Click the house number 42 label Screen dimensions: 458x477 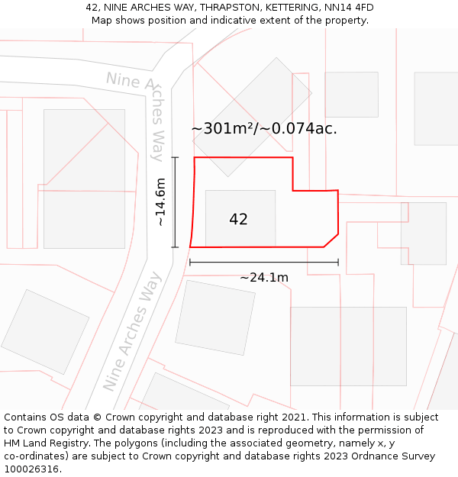[238, 219]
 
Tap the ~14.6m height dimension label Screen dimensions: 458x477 [160, 202]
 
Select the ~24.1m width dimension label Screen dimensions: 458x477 [264, 277]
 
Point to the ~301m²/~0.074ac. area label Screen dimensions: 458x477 [264, 129]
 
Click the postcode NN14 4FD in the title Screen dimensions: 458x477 [349, 8]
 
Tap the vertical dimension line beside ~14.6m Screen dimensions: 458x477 [175, 202]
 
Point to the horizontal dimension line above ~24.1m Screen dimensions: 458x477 [263, 263]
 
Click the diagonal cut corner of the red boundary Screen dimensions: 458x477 [331, 240]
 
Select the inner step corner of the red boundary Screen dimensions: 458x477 [293, 190]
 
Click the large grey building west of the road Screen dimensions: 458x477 [84, 178]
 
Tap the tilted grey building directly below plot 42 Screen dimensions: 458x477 [215, 317]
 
